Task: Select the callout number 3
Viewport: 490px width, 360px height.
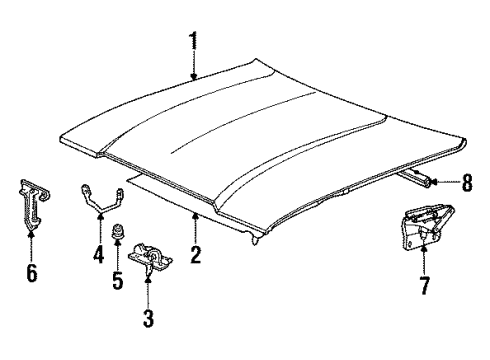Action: pos(149,321)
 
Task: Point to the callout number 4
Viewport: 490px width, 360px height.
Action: pos(98,255)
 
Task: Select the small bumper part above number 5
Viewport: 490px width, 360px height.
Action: pos(118,236)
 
